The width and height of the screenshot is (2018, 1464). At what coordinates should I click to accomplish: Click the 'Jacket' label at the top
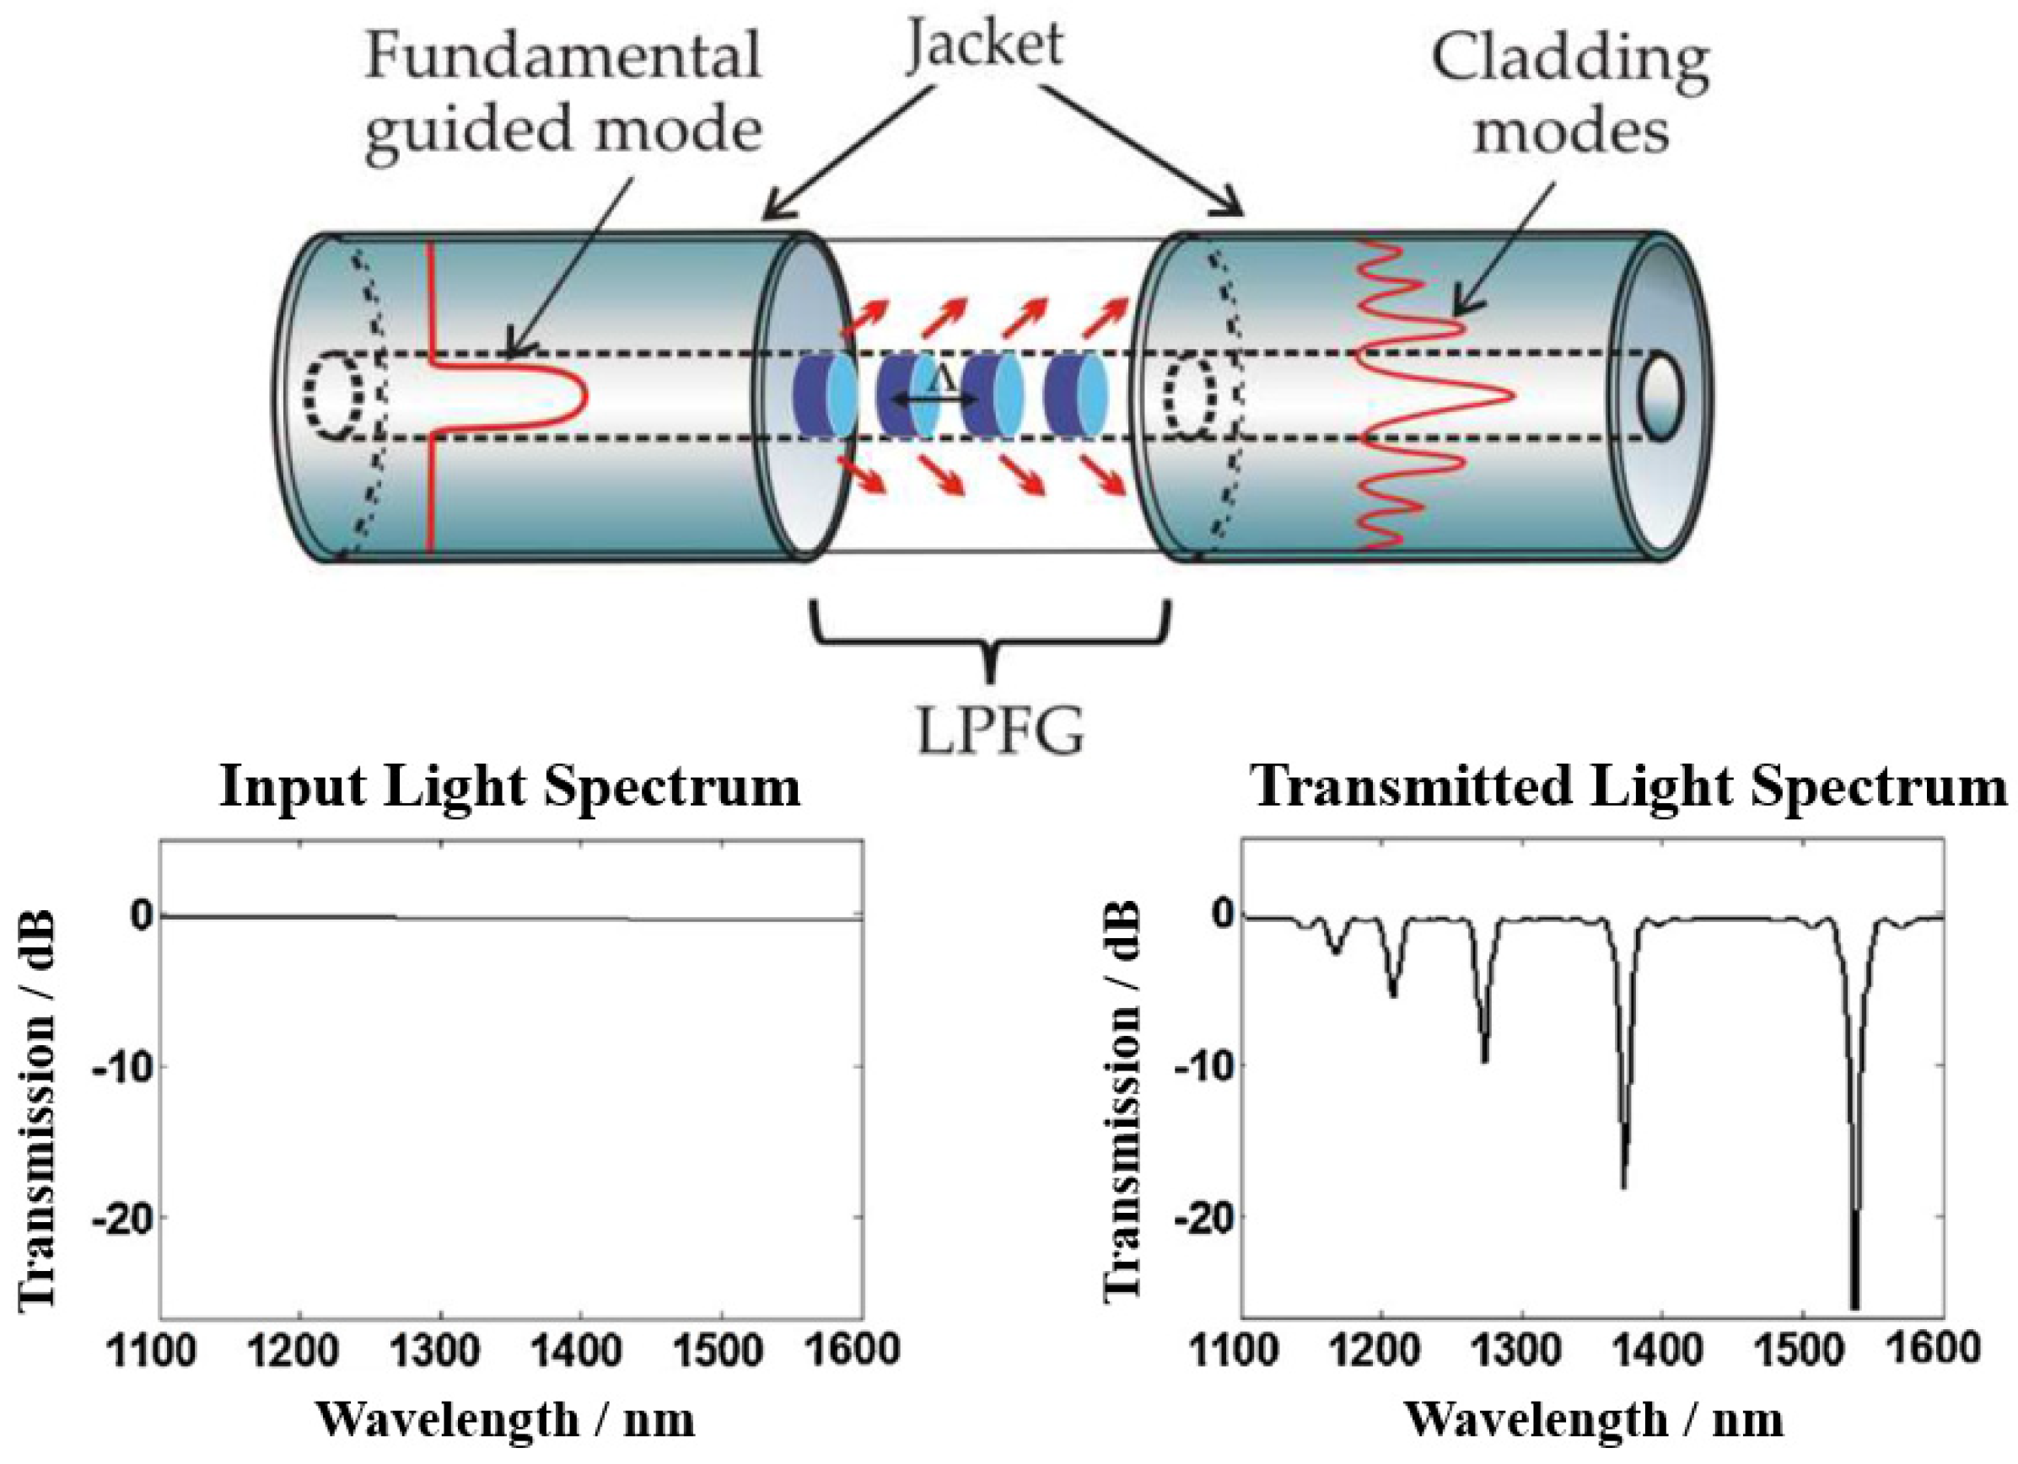[x=985, y=45]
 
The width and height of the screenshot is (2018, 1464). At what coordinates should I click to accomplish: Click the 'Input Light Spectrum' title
[x=510, y=788]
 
